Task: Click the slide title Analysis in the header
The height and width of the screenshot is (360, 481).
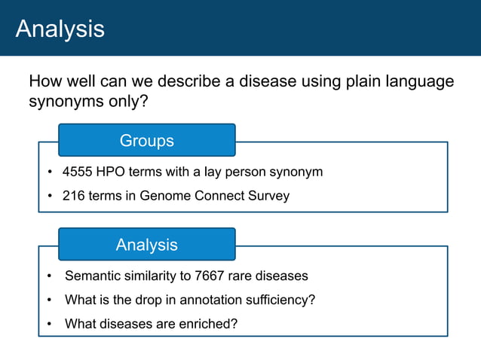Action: (x=60, y=29)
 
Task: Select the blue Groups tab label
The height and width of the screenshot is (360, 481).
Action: (x=146, y=141)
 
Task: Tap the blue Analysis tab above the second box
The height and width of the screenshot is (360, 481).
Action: (x=146, y=245)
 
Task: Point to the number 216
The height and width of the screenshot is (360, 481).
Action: (x=74, y=197)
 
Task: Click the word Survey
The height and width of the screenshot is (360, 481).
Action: (x=268, y=197)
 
